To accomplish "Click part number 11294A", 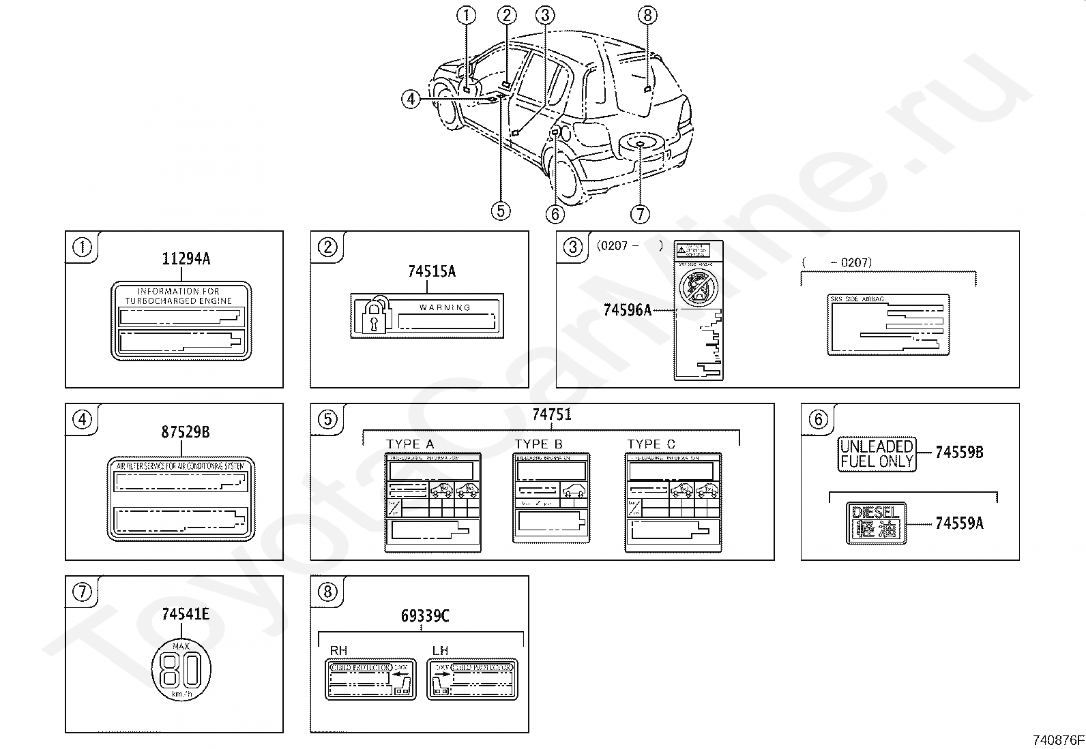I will (186, 259).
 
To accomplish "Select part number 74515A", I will (431, 272).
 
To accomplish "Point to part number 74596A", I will (627, 310).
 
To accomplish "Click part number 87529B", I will (186, 431).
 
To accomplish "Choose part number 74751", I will (551, 414).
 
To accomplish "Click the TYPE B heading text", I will (539, 444).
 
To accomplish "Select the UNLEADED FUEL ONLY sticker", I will (877, 454).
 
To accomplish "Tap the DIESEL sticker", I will (876, 523).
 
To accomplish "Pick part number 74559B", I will (958, 452).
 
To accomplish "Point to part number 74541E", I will (186, 615).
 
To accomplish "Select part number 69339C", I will (424, 616).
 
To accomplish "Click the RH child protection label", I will (370, 679).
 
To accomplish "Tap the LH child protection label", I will (472, 679).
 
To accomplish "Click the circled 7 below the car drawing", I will (639, 213).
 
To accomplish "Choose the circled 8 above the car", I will (647, 14).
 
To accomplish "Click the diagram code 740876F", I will (1058, 739).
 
